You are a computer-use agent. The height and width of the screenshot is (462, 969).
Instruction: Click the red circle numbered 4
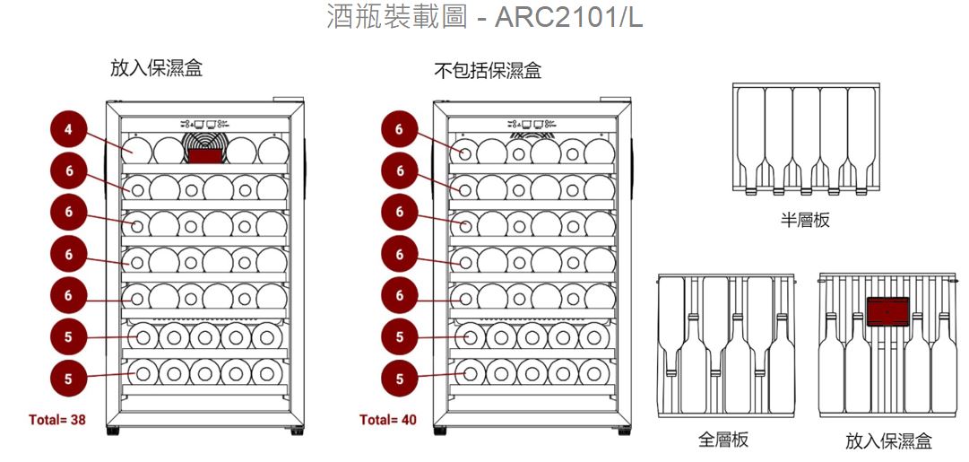[x=68, y=130]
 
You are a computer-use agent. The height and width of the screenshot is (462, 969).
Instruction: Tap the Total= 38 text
[x=57, y=419]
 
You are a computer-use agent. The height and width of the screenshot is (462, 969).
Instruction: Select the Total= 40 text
[x=387, y=419]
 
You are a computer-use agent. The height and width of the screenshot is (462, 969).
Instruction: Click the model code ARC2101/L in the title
[x=568, y=17]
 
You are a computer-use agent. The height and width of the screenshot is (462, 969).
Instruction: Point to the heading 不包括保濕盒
[x=488, y=70]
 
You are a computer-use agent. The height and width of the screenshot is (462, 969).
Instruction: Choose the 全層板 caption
[x=723, y=440]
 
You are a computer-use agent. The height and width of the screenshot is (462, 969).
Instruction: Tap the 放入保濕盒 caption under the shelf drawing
[x=888, y=440]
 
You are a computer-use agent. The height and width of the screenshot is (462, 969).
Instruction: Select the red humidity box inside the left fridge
[x=205, y=156]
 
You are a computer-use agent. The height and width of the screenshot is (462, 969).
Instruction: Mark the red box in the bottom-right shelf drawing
[x=888, y=310]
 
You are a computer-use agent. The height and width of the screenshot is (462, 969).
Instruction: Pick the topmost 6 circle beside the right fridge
[x=400, y=130]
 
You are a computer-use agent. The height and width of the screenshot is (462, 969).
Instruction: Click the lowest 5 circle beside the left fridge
[x=68, y=378]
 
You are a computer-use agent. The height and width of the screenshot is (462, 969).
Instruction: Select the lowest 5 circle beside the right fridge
[x=400, y=378]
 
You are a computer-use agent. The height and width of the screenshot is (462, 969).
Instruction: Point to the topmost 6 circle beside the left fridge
[x=68, y=170]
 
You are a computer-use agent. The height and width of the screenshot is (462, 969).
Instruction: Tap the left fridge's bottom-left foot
[x=112, y=431]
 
